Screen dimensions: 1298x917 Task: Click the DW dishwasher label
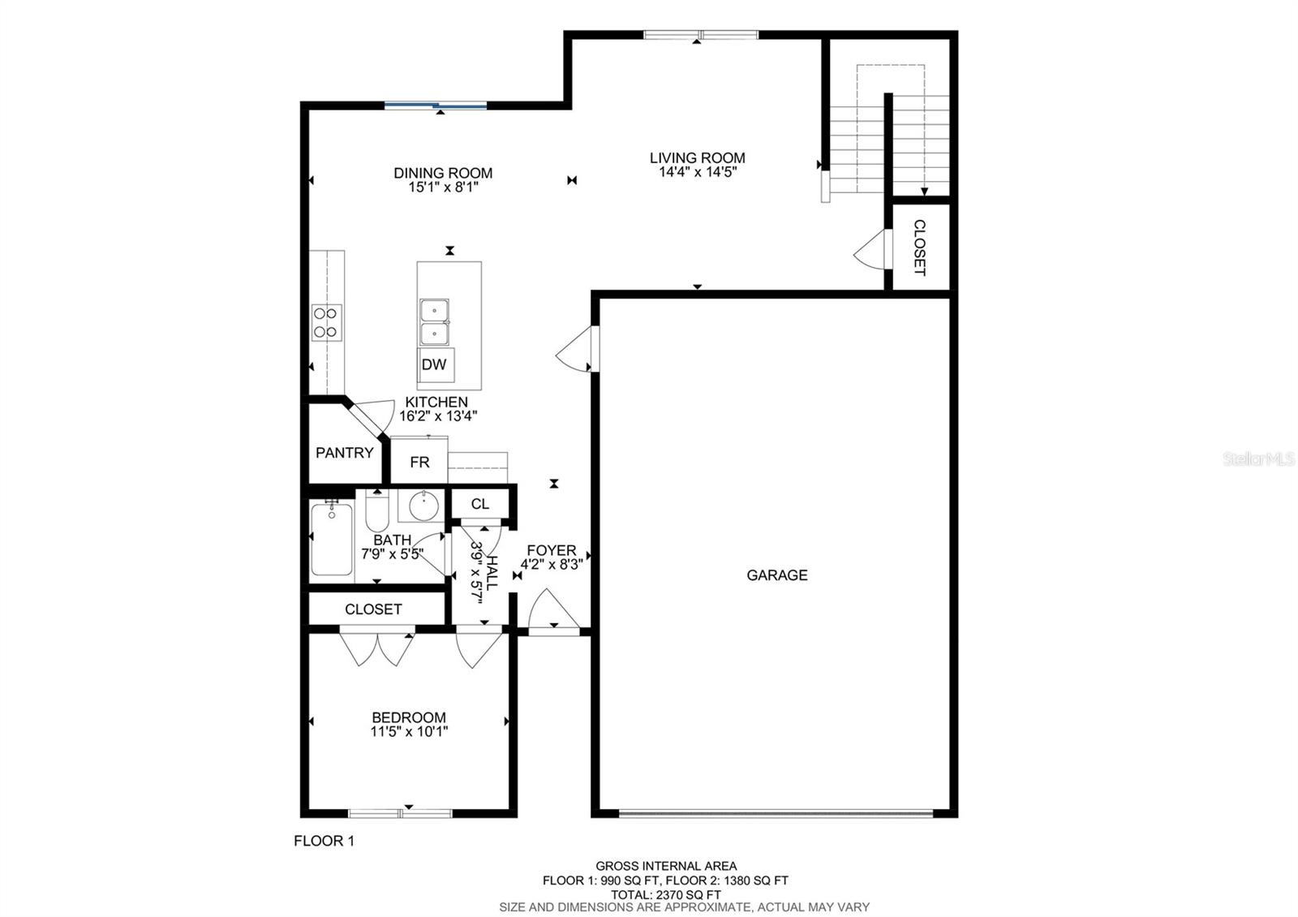point(434,364)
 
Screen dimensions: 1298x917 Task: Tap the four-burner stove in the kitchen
point(326,322)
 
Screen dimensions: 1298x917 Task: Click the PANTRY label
point(344,453)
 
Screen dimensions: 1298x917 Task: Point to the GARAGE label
point(776,575)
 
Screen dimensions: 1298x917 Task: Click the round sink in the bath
point(424,506)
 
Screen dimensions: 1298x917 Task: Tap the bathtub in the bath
point(332,539)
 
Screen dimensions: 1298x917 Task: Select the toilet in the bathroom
point(377,510)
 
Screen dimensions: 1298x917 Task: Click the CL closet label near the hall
point(479,504)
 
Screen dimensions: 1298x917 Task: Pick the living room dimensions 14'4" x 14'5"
point(697,172)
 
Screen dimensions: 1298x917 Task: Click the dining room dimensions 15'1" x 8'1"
point(443,187)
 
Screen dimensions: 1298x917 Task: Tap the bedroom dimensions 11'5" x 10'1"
point(409,731)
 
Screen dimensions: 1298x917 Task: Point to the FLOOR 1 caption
point(324,841)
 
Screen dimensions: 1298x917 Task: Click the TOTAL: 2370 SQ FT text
point(666,894)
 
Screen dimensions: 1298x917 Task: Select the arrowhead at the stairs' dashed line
point(924,192)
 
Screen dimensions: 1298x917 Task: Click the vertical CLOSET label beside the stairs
point(920,248)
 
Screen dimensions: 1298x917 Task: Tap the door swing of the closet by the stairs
point(868,249)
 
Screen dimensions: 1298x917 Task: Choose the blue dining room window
point(436,105)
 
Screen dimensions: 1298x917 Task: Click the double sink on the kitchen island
point(434,321)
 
